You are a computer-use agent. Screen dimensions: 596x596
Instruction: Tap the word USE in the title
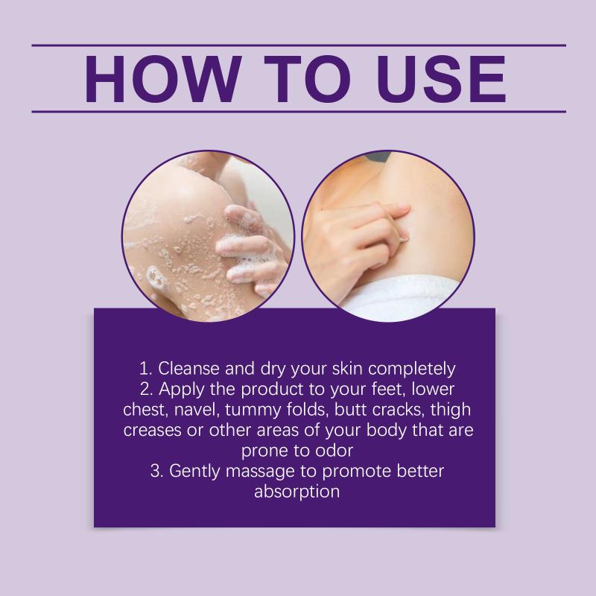point(441,79)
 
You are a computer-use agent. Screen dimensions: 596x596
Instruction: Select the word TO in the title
point(307,79)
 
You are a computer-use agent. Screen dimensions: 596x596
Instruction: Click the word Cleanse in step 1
point(188,369)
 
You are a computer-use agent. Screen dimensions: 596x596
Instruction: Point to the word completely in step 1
point(412,370)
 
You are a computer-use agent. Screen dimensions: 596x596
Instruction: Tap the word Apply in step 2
point(181,390)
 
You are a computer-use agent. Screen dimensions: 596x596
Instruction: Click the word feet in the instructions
point(387,389)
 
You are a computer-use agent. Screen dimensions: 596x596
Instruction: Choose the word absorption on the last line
point(297,492)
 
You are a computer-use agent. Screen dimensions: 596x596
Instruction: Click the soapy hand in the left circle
point(249,247)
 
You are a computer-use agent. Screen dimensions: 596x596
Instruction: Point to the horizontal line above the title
point(299,45)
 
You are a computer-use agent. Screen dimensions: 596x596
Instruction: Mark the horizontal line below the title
point(299,112)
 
